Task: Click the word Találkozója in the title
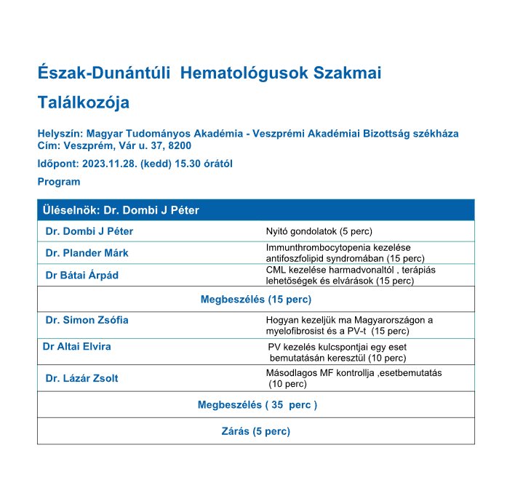(84, 103)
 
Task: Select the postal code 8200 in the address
(180, 145)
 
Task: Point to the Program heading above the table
(59, 182)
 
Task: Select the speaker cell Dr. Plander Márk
(87, 253)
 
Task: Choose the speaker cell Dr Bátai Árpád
(81, 276)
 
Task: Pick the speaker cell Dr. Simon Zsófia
(87, 320)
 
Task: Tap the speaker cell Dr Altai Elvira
(77, 347)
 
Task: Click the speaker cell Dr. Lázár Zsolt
(81, 378)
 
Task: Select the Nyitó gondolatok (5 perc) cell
(319, 232)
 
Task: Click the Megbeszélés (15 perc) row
(255, 300)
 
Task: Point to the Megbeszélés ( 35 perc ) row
(257, 405)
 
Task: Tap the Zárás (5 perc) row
(255, 431)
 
